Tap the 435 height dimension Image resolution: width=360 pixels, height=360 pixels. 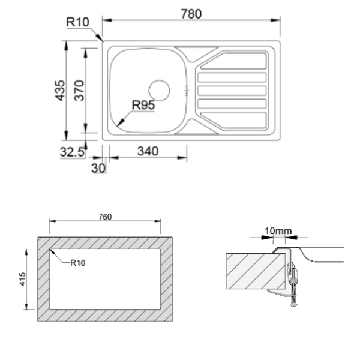pos(59,90)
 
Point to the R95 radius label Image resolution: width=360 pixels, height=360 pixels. pos(144,104)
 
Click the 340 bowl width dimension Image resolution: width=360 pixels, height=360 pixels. pos(148,151)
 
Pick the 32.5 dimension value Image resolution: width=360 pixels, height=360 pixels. pos(71,152)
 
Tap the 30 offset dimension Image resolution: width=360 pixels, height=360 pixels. pos(98,169)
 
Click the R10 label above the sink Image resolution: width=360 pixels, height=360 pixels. pos(78,23)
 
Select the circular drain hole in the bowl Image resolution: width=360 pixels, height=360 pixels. pos(160,90)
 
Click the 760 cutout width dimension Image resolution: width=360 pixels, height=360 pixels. pos(104,217)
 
